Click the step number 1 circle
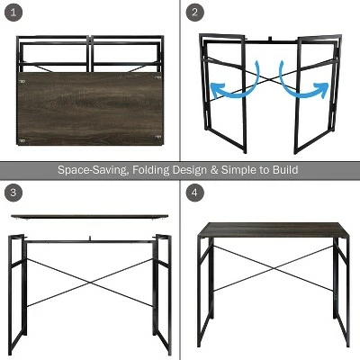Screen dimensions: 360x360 (13, 12)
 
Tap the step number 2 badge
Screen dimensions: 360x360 (194, 12)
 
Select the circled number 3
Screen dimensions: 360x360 (13, 192)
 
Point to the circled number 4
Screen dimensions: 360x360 (194, 192)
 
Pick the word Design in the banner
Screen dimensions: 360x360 (190, 170)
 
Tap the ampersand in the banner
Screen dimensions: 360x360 (214, 170)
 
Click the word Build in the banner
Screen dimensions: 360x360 (285, 169)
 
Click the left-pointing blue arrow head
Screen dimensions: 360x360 (217, 89)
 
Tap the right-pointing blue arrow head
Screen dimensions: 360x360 (321, 89)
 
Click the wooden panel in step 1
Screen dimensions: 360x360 (90, 109)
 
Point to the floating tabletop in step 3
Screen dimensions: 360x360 (89, 216)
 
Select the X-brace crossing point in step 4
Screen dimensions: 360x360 (273, 268)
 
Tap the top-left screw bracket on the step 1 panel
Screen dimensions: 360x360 (22, 81)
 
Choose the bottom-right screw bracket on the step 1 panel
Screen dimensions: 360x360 (158, 137)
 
